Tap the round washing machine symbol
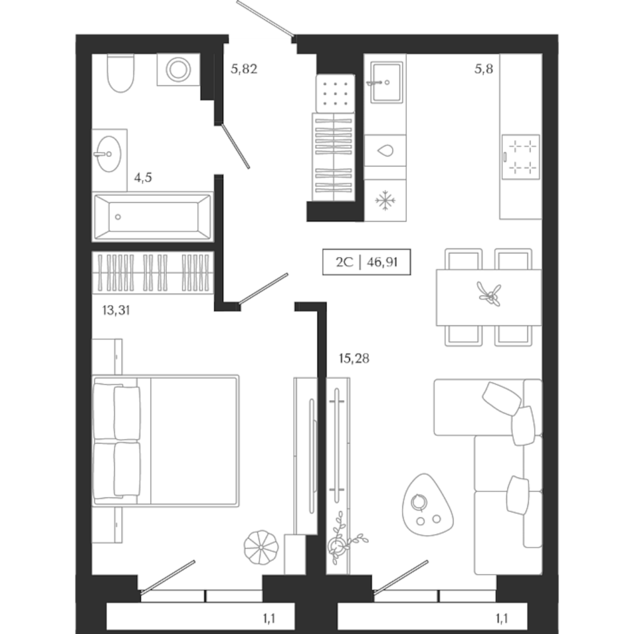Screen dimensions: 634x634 click(178, 69)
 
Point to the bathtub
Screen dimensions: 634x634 click(152, 217)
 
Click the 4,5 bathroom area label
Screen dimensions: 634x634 click(143, 178)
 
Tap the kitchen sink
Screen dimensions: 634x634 click(386, 82)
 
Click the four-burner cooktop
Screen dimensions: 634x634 click(521, 156)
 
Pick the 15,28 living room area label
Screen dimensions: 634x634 click(354, 359)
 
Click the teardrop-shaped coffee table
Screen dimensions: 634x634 click(427, 503)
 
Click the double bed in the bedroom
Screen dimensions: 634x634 click(166, 441)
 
